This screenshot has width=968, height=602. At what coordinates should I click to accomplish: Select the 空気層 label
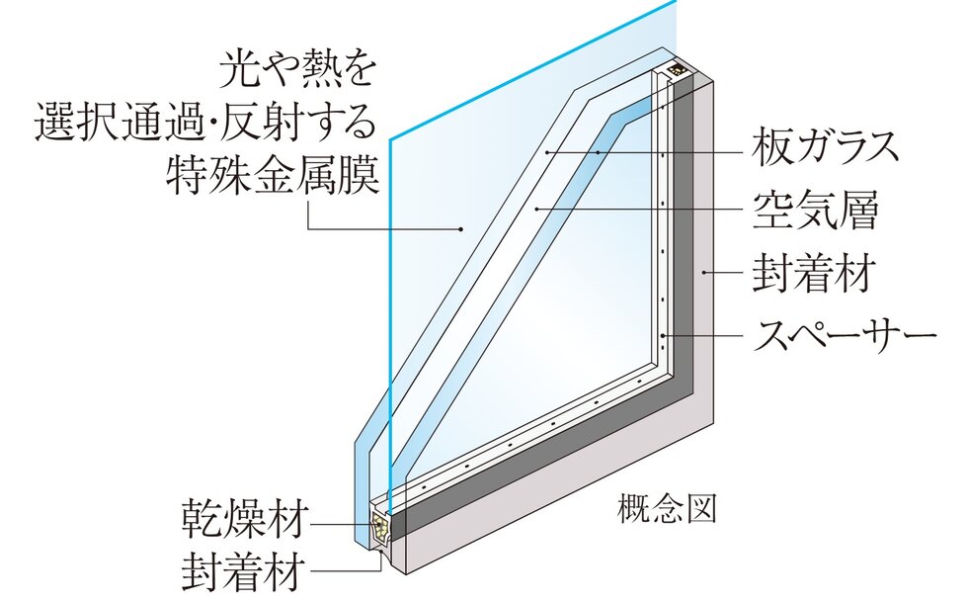pyautogui.click(x=810, y=211)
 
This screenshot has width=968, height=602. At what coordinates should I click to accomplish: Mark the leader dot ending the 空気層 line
pyautogui.click(x=534, y=210)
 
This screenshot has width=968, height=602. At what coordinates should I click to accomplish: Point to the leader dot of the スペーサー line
pyautogui.click(x=663, y=337)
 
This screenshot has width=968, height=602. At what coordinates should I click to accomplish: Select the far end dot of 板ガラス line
pyautogui.click(x=546, y=152)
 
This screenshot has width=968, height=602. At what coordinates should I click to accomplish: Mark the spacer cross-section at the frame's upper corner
pyautogui.click(x=678, y=72)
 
